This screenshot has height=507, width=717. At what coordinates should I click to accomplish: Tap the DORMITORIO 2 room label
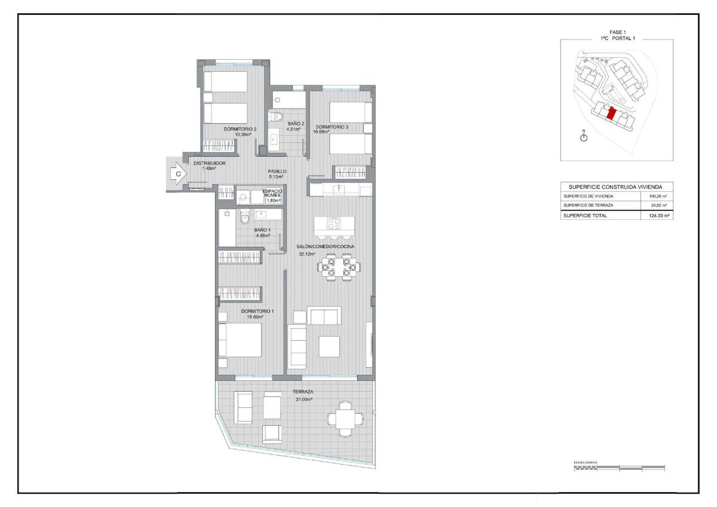(x=240, y=129)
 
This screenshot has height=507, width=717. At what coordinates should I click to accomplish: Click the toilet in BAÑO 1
(x=244, y=219)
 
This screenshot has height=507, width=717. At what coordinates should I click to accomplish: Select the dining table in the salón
(x=339, y=267)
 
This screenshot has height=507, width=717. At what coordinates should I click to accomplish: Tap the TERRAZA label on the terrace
(x=303, y=392)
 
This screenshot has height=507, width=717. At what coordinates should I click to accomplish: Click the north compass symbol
(x=584, y=137)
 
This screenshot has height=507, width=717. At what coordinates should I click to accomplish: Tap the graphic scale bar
(x=618, y=468)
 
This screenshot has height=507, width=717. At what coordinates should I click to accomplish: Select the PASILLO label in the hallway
(x=277, y=172)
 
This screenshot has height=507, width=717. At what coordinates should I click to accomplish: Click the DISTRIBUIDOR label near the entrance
(x=209, y=163)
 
